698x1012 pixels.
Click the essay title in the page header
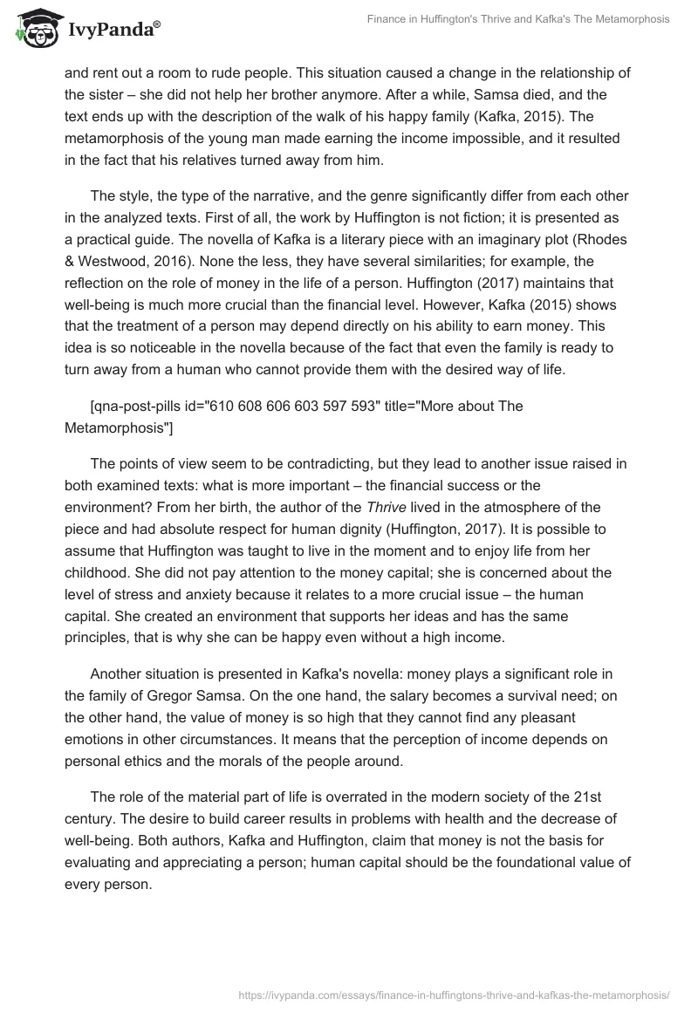pos(518,18)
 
